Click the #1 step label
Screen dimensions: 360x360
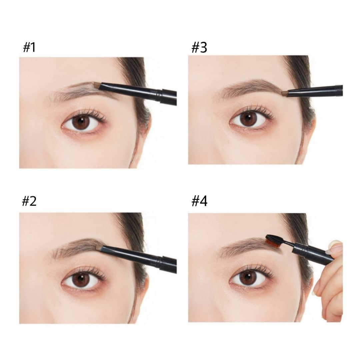click(x=29, y=47)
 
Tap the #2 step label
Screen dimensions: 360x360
click(x=29, y=201)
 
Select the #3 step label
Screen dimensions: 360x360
click(x=199, y=47)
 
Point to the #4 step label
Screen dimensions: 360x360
click(x=199, y=201)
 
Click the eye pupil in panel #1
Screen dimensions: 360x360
click(x=81, y=121)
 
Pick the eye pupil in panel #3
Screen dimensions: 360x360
click(x=247, y=118)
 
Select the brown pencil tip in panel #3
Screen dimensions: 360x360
click(x=285, y=93)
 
